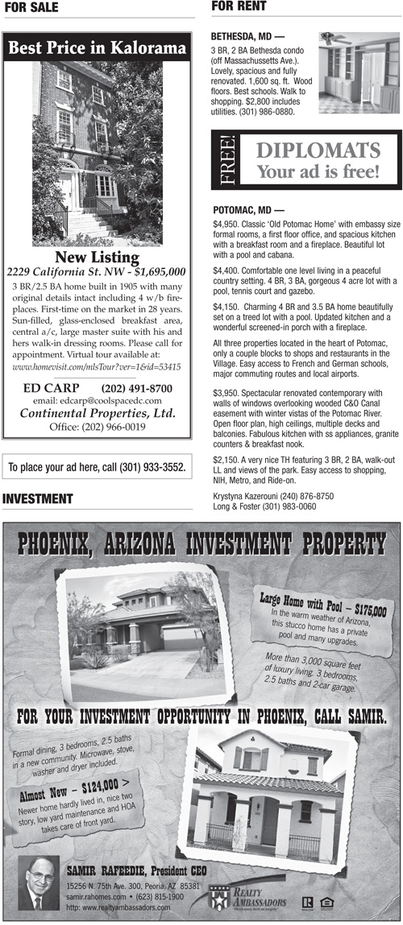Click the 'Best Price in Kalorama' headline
[x=97, y=49]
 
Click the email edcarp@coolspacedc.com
[x=97, y=401]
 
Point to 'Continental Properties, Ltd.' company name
[x=97, y=414]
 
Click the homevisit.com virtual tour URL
[x=97, y=367]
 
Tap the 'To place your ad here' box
[x=97, y=467]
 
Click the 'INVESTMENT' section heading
[x=37, y=500]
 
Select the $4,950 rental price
[x=226, y=223]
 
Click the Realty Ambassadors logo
[x=242, y=896]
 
